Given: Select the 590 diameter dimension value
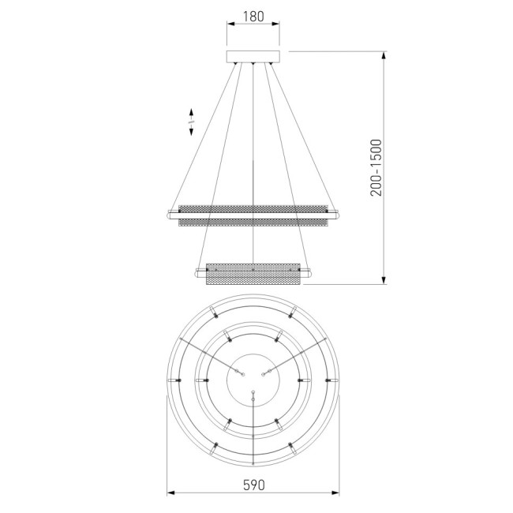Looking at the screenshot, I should (253, 482).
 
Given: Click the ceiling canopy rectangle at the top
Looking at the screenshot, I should (253, 57).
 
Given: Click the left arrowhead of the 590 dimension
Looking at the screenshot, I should (171, 494).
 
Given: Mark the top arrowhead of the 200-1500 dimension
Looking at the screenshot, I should (384, 55).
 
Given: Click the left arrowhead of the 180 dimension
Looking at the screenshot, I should (230, 25).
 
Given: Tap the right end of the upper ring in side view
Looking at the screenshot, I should (337, 214).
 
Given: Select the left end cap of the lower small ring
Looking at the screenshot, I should (199, 274).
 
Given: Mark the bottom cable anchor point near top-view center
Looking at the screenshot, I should (253, 393).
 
